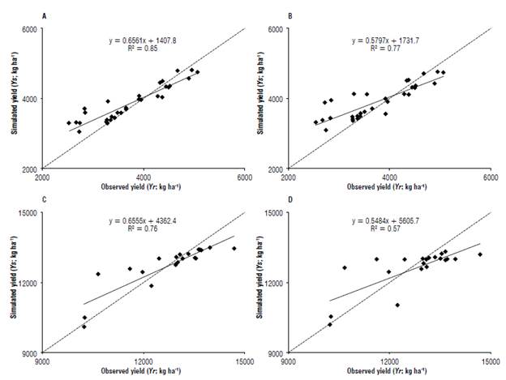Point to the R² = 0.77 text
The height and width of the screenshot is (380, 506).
[x=391, y=48]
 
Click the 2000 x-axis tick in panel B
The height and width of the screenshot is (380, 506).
[x=287, y=177]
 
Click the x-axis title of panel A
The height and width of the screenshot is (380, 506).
[x=144, y=187]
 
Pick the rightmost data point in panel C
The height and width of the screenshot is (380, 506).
[x=234, y=249]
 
